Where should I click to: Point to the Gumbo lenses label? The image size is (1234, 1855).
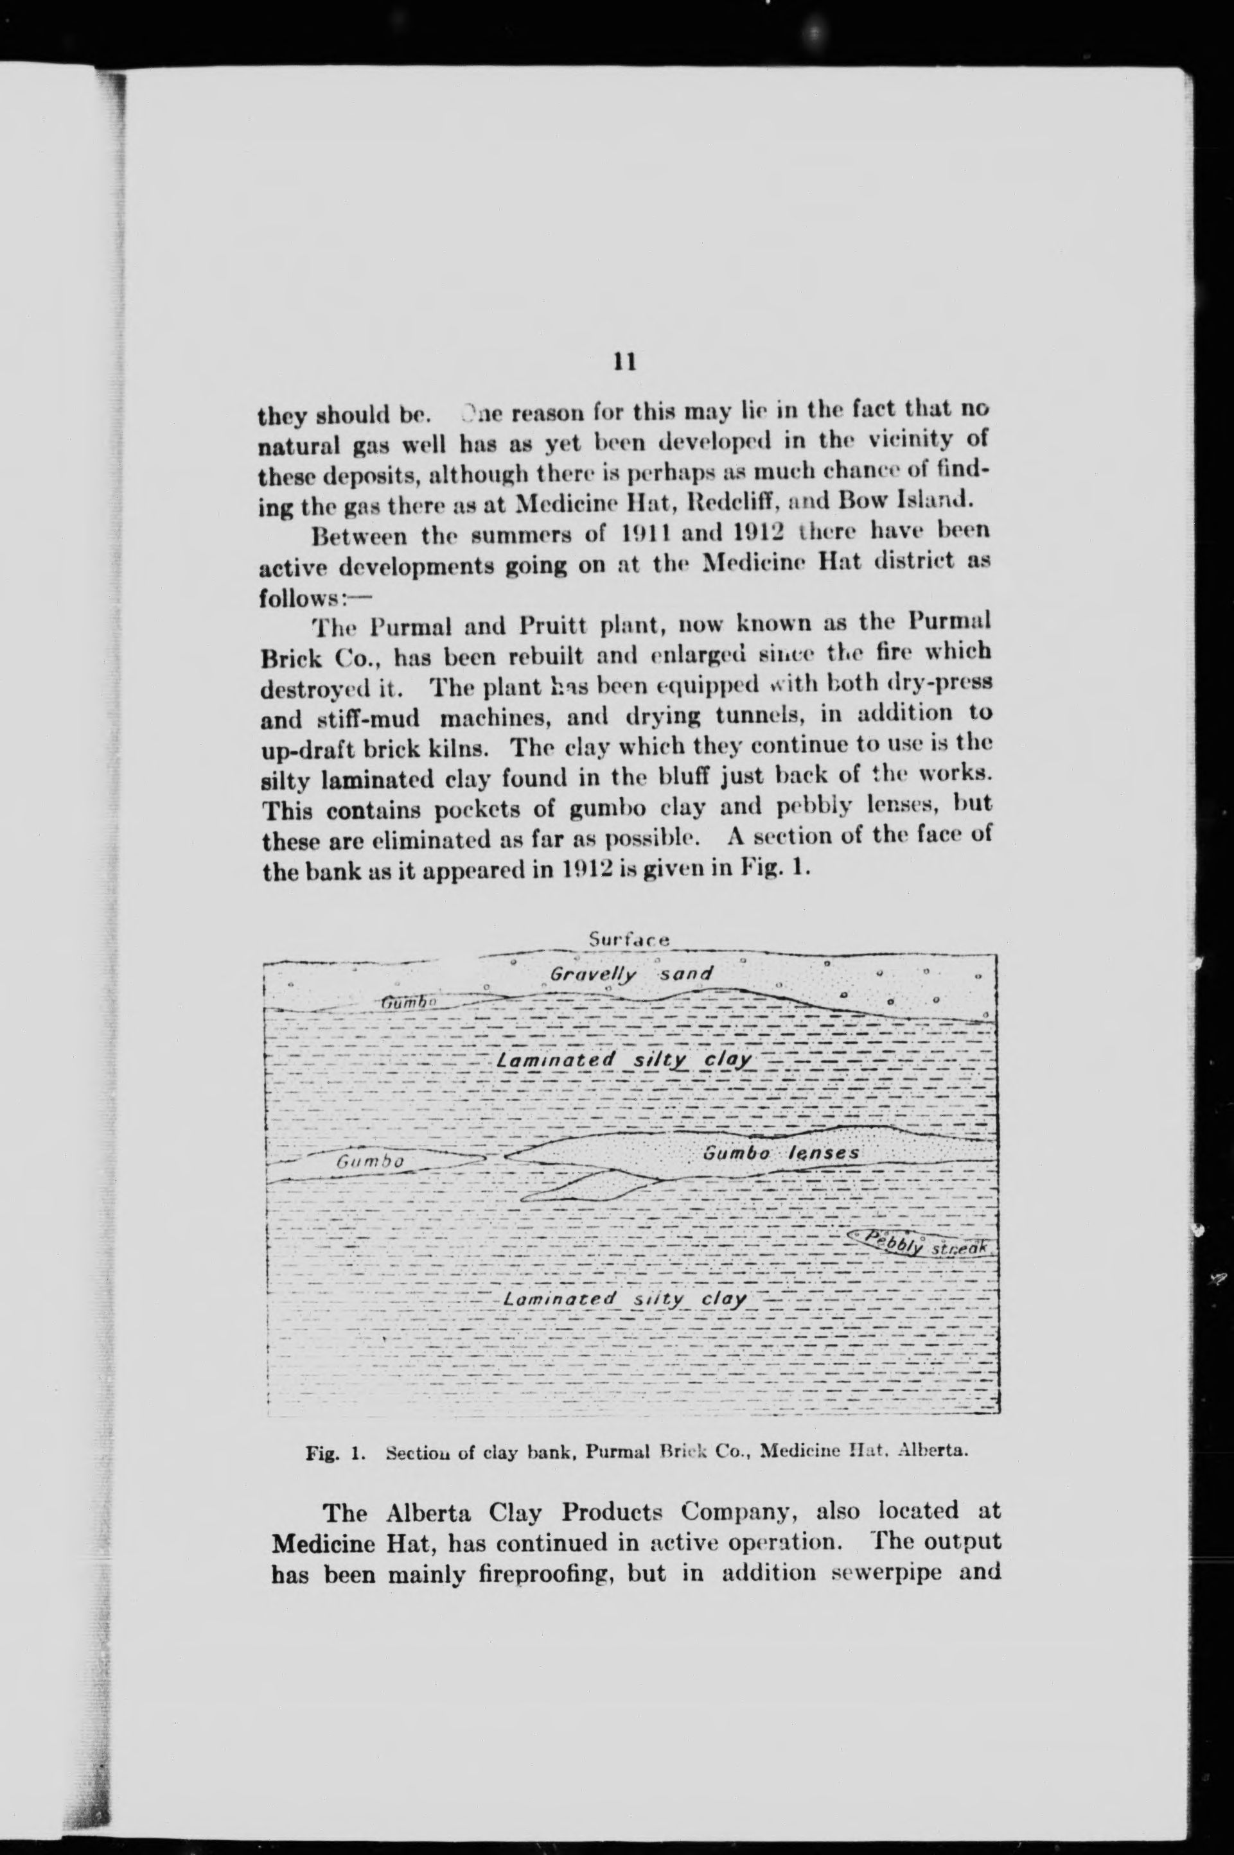pyautogui.click(x=780, y=1153)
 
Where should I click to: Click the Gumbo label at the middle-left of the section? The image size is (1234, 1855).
pyautogui.click(x=370, y=1161)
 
